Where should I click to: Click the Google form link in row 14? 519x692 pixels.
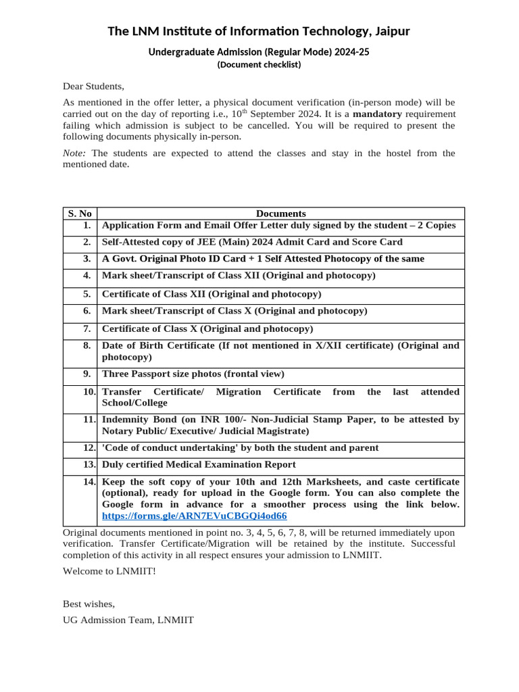click(x=194, y=516)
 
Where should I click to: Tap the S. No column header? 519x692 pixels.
click(x=80, y=214)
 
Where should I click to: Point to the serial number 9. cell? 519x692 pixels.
click(x=86, y=374)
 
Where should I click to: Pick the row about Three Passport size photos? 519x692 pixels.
click(x=193, y=374)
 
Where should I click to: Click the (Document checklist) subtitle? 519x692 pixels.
click(x=259, y=65)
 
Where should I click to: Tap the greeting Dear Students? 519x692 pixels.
click(x=94, y=86)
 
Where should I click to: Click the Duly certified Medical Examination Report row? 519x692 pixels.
click(x=199, y=464)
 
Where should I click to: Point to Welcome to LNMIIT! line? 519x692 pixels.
click(x=109, y=571)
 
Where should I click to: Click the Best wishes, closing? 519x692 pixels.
click(x=89, y=603)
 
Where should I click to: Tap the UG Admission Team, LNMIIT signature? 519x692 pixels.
click(x=128, y=620)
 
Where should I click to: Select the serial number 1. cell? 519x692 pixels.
click(x=86, y=225)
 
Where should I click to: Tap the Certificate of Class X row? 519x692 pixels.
click(x=207, y=328)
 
